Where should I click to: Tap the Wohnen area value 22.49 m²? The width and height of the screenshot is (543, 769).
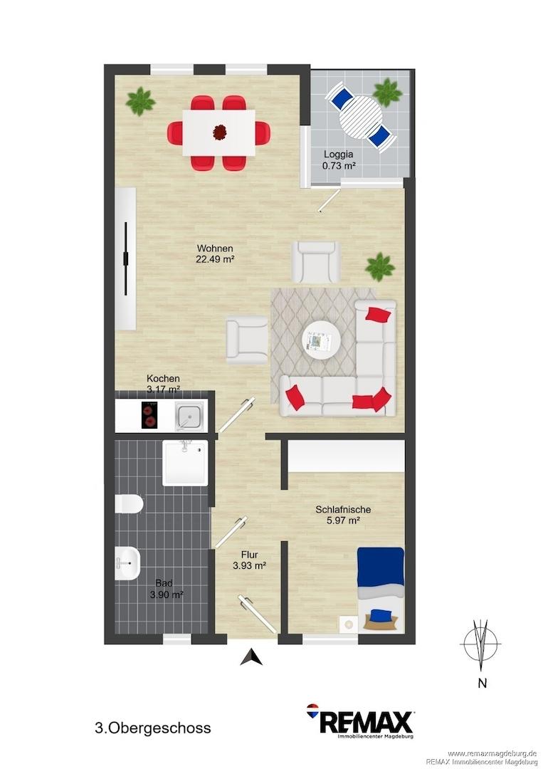tap(215, 259)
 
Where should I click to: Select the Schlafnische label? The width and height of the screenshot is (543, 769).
tap(343, 510)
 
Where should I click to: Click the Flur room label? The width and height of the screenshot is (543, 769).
tap(250, 555)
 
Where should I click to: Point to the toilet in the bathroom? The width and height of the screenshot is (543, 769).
tap(129, 503)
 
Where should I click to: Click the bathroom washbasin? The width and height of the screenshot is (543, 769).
tap(127, 563)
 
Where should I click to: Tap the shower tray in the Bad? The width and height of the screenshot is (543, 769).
tap(185, 463)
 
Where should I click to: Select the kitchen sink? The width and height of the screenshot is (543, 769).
tap(189, 415)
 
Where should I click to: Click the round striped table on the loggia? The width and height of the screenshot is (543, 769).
tap(362, 118)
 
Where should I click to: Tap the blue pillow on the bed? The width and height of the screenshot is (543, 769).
tap(381, 614)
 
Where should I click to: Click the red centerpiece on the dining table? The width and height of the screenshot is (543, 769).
tap(220, 132)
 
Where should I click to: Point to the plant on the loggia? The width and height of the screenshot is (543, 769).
tap(388, 92)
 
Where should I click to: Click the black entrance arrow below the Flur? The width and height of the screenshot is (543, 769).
tap(251, 656)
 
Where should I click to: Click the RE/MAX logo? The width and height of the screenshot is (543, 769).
tap(360, 721)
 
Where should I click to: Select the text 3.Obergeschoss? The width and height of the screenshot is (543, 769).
tap(153, 728)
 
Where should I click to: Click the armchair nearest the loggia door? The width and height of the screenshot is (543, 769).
tap(315, 262)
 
